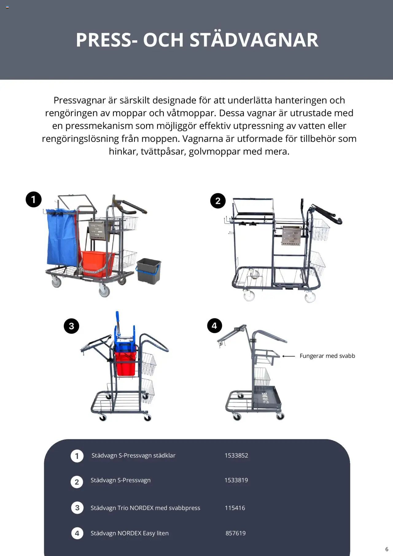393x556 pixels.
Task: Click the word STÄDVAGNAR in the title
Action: pyautogui.click(x=254, y=40)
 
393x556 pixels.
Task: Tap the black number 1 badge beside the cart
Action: pyautogui.click(x=33, y=200)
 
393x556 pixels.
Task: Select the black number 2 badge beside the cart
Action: pyautogui.click(x=218, y=201)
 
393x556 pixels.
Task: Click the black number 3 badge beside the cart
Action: pyautogui.click(x=71, y=326)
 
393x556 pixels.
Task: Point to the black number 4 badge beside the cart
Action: pyautogui.click(x=214, y=326)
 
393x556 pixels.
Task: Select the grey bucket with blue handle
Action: pyautogui.click(x=149, y=271)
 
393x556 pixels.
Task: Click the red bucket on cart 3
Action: pyautogui.click(x=125, y=364)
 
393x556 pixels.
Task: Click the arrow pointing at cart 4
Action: pyautogui.click(x=289, y=356)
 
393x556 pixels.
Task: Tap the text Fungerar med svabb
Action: pyautogui.click(x=327, y=356)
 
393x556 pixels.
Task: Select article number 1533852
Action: pyautogui.click(x=236, y=456)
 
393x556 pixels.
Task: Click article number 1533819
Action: pyautogui.click(x=236, y=480)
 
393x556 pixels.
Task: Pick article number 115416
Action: pyautogui.click(x=235, y=508)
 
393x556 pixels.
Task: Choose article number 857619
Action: pyautogui.click(x=235, y=533)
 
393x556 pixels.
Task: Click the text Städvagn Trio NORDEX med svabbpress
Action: pyautogui.click(x=145, y=508)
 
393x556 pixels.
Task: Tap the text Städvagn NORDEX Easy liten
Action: pyautogui.click(x=129, y=533)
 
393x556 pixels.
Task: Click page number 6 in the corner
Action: pyautogui.click(x=387, y=549)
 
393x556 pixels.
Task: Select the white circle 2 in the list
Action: pyautogui.click(x=77, y=482)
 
